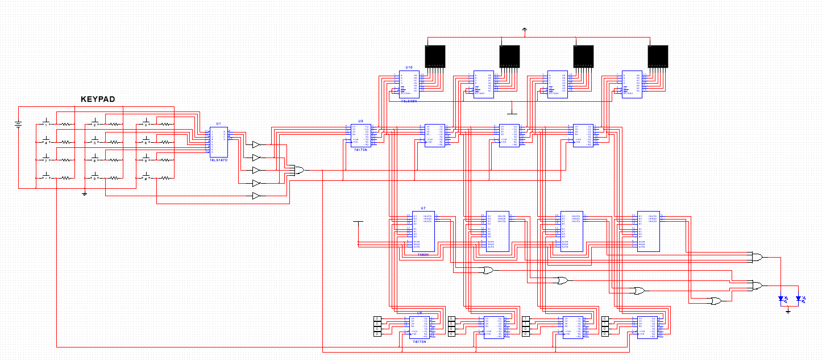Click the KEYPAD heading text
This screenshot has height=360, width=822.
coord(98,100)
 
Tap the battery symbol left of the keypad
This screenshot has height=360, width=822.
coord(19,125)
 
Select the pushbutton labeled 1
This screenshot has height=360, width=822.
coord(46,123)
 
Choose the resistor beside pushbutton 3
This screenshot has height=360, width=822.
coord(165,123)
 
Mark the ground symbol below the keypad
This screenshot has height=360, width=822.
coord(84,195)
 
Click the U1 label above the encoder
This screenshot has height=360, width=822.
coord(218,123)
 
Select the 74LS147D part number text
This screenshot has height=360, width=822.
coord(218,160)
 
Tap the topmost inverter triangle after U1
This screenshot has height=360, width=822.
coord(256,144)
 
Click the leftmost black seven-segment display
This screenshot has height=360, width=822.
coord(436,56)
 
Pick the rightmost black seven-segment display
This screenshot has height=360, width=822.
coord(658,56)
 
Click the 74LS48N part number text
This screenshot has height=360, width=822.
coord(408,101)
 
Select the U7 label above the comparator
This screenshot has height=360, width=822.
coord(423,208)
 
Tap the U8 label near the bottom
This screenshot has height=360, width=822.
coord(420,312)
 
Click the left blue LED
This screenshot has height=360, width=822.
coord(782,299)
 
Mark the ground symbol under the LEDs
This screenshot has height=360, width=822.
coord(788,311)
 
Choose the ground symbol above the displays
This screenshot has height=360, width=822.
coord(524,29)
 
